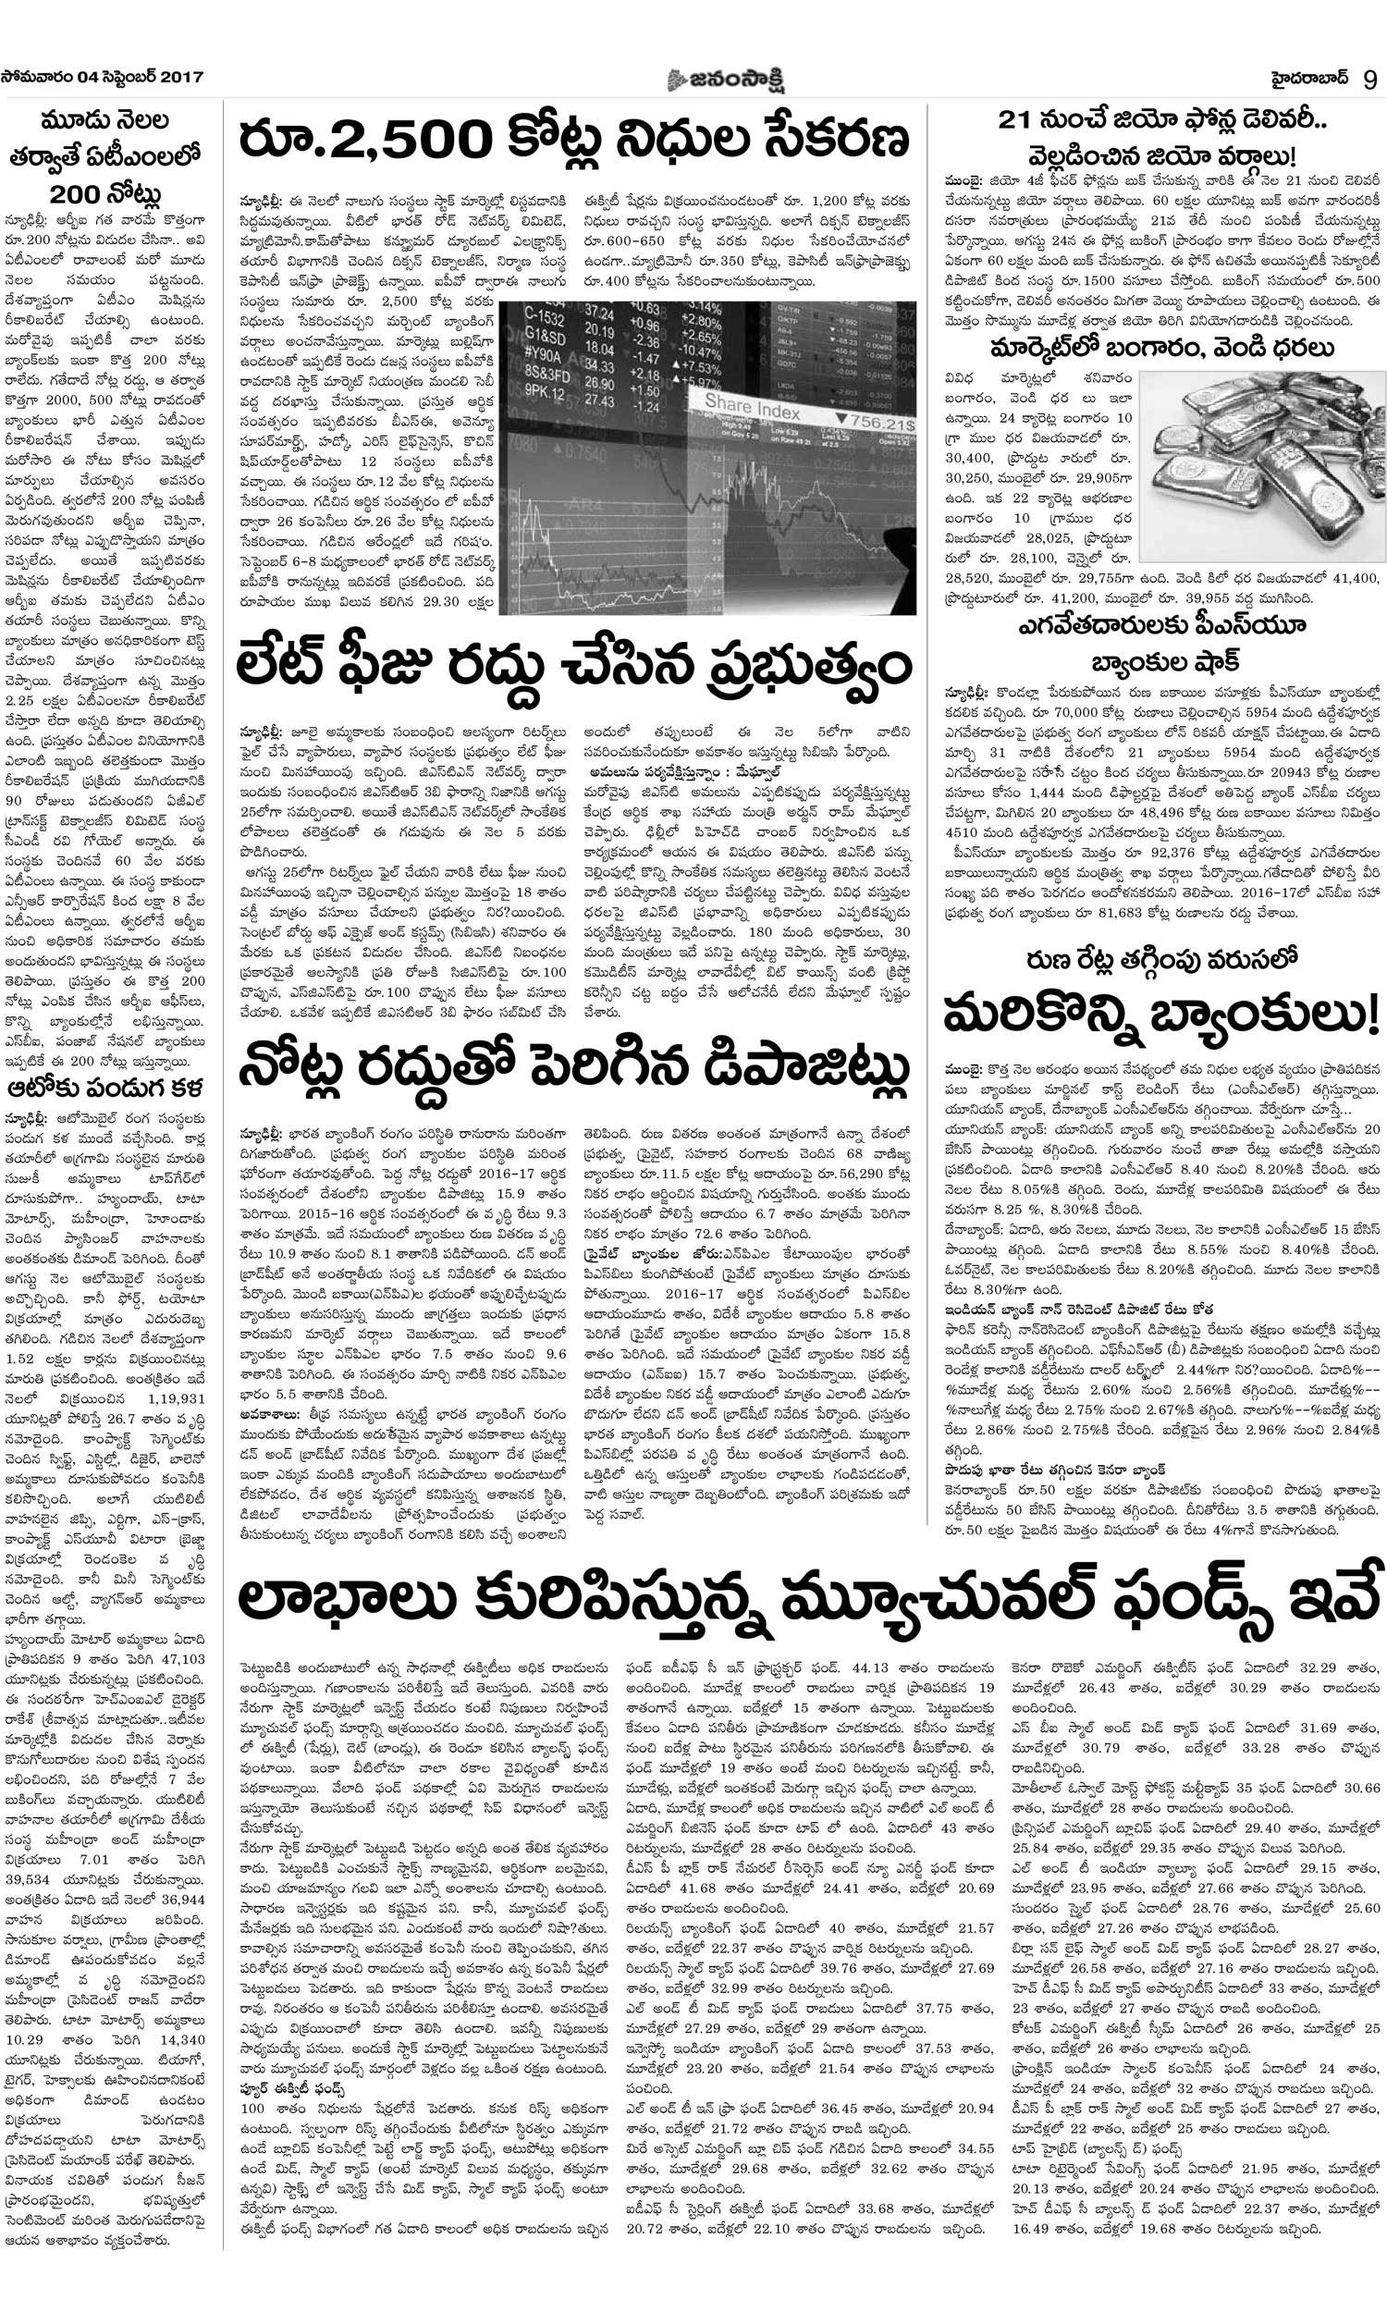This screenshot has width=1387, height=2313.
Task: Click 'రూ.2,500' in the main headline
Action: pos(365,142)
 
